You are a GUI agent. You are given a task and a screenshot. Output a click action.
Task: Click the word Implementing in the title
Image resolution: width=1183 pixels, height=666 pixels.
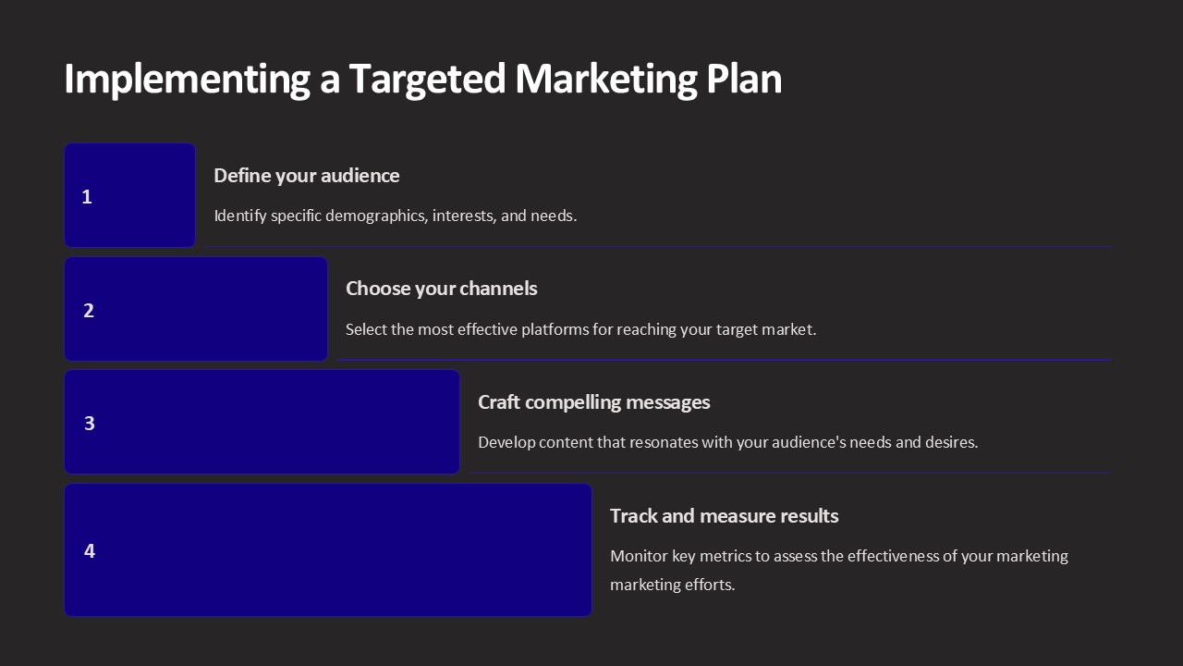point(187,80)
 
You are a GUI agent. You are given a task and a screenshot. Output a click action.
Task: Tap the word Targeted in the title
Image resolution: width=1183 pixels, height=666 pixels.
point(428,80)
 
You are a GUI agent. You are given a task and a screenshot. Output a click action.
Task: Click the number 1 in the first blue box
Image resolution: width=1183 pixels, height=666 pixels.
point(87,197)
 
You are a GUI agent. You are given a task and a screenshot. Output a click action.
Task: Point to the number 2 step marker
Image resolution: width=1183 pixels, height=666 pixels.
point(89,310)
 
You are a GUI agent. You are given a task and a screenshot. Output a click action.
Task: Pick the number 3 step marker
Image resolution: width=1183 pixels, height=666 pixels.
point(90,424)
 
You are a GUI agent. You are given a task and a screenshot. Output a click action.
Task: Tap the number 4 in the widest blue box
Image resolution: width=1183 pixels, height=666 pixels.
point(90,550)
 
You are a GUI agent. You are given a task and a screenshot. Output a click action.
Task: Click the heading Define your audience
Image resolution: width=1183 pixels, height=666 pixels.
point(307,176)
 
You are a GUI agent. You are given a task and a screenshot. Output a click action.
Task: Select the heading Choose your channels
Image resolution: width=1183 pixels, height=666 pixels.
point(442,289)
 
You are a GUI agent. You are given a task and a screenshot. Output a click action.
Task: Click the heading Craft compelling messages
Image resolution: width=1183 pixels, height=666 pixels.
point(594,402)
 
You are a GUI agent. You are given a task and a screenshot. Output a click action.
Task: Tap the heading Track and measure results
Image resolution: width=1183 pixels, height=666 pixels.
point(724,516)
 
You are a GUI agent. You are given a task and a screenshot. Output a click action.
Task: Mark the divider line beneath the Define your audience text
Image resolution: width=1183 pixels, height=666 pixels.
point(658,246)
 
